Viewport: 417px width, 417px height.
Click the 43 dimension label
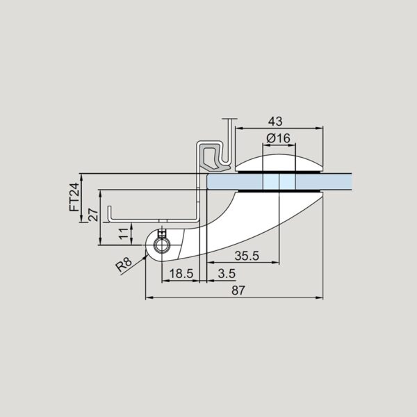pos(275,122)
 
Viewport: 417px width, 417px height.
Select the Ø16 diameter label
pos(278,138)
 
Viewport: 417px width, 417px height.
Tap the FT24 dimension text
pos(74,197)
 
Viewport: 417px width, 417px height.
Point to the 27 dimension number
pos(93,215)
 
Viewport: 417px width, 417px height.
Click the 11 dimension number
pos(124,234)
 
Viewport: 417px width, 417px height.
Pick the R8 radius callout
pos(124,265)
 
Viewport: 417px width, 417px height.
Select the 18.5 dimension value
pos(181,274)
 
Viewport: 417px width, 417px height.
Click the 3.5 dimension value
pos(227,274)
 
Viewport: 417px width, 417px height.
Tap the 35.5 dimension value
pos(247,256)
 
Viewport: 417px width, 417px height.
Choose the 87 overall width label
pos(238,291)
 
